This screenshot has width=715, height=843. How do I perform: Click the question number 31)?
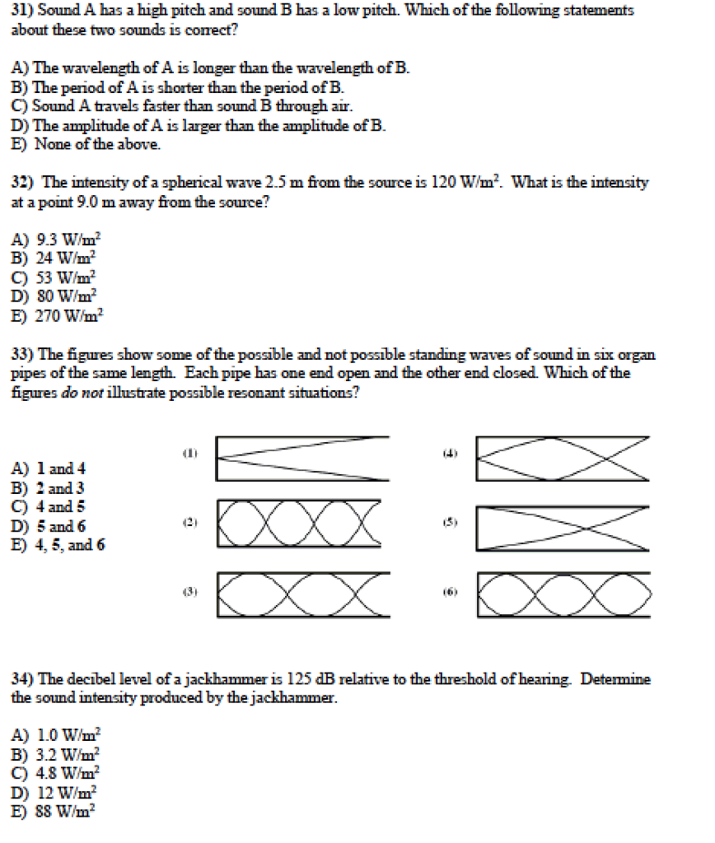coord(22,11)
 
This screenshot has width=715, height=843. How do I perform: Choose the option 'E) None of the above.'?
coord(86,144)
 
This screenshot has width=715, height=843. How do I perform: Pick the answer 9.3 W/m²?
coord(57,240)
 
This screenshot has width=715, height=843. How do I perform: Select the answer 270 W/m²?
coord(57,315)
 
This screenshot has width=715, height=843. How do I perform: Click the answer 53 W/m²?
coord(55,277)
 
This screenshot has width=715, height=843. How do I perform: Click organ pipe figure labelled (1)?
coord(301,458)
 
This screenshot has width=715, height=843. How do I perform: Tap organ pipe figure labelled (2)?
coord(300,522)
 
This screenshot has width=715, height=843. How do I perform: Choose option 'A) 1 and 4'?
coord(49,469)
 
